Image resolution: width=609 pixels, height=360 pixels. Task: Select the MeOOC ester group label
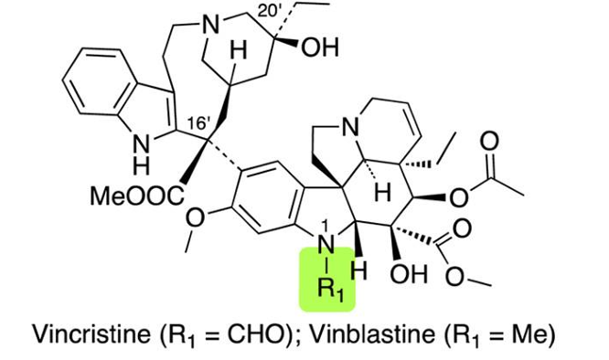[137, 196]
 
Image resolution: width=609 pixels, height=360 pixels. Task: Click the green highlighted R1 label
[331, 289]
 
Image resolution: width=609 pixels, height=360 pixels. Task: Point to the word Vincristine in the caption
[91, 334]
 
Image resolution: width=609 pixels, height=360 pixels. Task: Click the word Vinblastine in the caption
[372, 334]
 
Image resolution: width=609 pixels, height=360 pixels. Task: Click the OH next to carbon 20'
[320, 48]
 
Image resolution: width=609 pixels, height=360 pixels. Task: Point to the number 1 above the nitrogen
[326, 226]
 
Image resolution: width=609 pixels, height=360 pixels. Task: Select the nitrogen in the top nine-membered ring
[210, 26]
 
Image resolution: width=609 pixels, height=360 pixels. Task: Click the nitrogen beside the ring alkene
[350, 126]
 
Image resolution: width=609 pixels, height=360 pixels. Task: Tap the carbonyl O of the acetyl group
[489, 142]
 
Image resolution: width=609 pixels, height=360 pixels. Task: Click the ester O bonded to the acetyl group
[459, 198]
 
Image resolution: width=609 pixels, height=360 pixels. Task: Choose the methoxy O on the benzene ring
[195, 218]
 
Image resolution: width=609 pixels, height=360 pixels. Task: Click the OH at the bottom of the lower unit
[409, 273]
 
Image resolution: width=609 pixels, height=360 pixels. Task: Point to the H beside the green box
[358, 270]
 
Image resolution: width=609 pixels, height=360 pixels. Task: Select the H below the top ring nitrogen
[239, 50]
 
